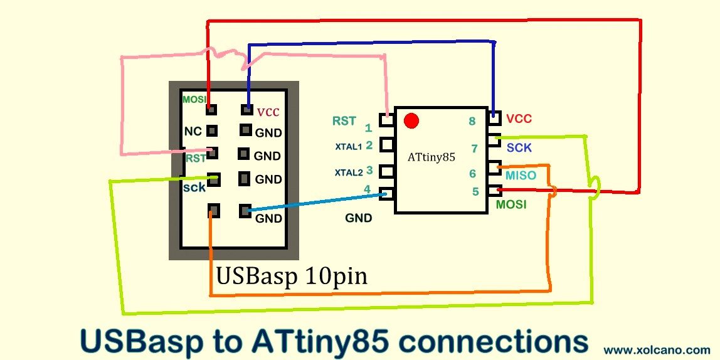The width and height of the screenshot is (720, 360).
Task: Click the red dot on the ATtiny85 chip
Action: pos(411,120)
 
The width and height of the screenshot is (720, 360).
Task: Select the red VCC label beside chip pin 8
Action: pos(519,119)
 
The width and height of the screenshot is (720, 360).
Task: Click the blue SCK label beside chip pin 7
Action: pos(519,148)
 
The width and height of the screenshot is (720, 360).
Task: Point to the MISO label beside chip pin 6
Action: pos(521,176)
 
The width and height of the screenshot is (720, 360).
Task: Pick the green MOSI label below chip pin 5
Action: pos(511,204)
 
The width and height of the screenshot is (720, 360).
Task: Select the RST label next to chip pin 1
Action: pos(344,121)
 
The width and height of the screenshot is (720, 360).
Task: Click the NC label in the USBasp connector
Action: pos(193,132)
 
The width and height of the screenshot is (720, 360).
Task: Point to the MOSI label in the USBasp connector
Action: pos(194,100)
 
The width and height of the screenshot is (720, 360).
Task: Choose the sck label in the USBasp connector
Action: pos(194,188)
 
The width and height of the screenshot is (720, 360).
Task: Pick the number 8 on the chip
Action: pos(472,122)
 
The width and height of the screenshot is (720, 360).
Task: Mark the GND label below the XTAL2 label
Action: pos(358,218)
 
